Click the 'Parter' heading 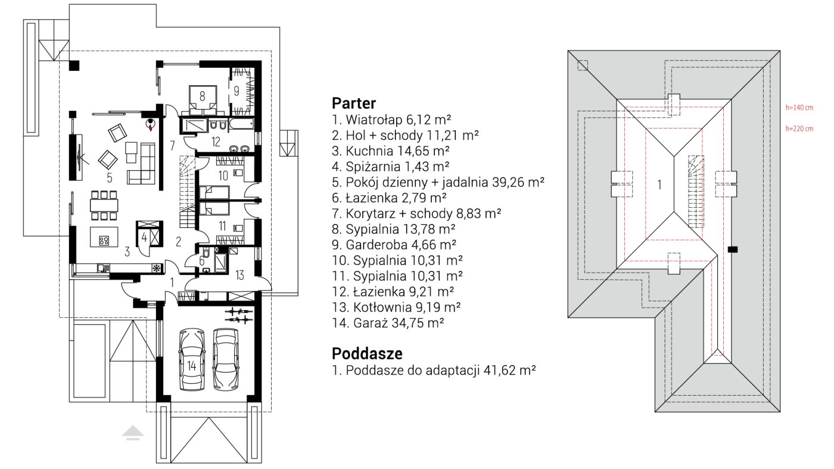pos(354,103)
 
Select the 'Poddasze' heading pos(367,354)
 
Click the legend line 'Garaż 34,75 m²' pos(388,323)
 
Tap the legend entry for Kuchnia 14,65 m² pos(391,151)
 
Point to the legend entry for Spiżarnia pos(391,167)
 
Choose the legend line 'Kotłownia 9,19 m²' pos(396,307)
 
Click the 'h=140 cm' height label pos(799,108)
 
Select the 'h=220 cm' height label pos(799,129)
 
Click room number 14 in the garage pos(192,367)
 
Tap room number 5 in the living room pos(110,178)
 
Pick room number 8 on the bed pos(202,96)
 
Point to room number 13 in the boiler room pos(239,275)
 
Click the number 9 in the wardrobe pos(236,91)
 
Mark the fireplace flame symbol pos(150,127)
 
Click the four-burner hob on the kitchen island pos(104,240)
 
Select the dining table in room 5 pos(104,205)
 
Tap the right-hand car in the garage pos(226,359)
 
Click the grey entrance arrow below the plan pos(133,433)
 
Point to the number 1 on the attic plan pos(659,185)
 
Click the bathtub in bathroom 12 pos(242,123)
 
